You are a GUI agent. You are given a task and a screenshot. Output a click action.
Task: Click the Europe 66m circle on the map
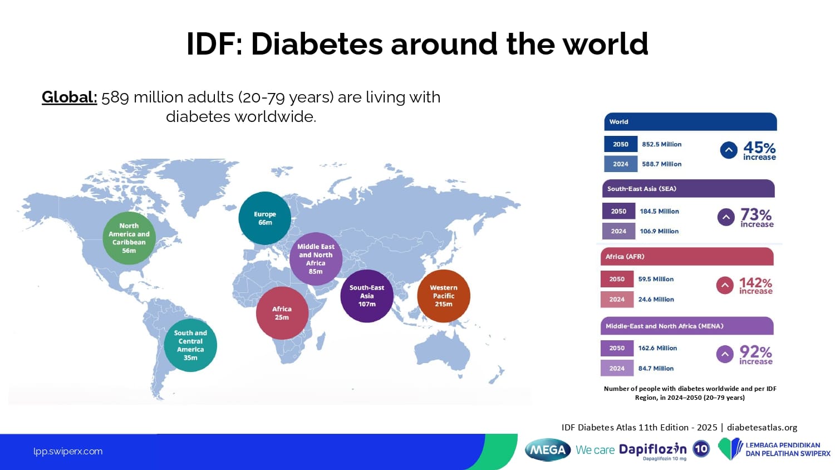point(264,218)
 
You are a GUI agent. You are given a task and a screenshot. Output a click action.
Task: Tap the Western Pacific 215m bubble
point(444,296)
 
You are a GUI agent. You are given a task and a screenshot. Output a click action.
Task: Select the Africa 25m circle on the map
point(282,313)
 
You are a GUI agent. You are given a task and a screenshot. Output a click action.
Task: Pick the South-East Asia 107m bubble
point(367,296)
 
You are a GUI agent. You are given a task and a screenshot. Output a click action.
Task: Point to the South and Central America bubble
point(190,345)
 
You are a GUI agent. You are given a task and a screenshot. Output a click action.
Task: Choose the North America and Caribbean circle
point(129,238)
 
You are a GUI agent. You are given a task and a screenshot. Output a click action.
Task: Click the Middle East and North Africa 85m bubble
point(316,259)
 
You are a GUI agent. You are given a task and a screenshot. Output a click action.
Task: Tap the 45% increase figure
point(759,151)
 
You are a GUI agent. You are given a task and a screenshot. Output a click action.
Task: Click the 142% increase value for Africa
point(755,286)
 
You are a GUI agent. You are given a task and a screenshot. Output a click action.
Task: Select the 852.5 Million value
point(662,144)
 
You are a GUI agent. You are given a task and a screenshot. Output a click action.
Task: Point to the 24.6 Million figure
point(656,299)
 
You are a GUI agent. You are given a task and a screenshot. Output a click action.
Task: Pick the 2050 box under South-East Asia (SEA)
point(619,211)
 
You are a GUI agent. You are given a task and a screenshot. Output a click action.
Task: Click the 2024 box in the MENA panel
point(617,368)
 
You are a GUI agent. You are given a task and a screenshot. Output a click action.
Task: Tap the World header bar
point(690,121)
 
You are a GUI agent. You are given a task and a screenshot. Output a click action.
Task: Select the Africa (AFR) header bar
point(687,257)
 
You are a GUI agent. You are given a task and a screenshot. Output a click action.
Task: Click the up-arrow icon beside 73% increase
point(726,217)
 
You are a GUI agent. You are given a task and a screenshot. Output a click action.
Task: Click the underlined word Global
point(70,97)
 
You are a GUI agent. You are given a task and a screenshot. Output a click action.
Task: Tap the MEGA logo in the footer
point(548,450)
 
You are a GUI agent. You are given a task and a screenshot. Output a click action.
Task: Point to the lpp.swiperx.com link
point(68,452)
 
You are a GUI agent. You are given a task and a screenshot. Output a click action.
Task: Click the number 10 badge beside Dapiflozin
point(701,449)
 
